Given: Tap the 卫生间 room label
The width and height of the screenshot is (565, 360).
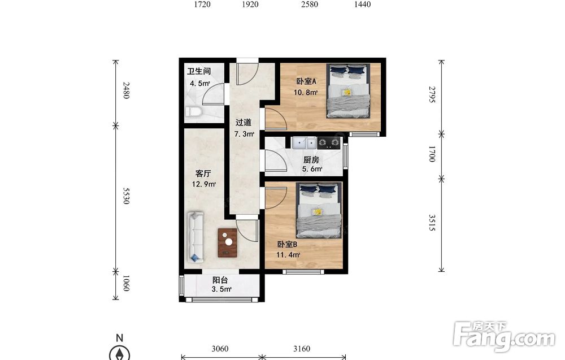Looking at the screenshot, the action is pos(199,71).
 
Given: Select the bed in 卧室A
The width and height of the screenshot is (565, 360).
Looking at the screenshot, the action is pos(349,91).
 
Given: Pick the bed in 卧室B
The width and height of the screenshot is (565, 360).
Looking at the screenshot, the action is pos(319,210).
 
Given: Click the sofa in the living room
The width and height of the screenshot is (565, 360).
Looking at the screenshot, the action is pos(195,237).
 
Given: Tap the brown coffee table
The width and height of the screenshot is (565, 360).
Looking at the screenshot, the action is pos(227,242).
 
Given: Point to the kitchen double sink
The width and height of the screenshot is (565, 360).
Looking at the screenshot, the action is pos(304,143).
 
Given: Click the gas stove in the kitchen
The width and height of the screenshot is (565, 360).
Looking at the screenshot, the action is pos(329,143).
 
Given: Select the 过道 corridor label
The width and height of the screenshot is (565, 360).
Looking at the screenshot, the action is pos(243,123).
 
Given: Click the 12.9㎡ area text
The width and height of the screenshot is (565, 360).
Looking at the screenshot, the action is pos(204,184).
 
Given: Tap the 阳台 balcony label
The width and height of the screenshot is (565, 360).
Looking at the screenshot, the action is pos(220,280).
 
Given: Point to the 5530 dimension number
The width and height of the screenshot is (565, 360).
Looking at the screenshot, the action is pos(126,196).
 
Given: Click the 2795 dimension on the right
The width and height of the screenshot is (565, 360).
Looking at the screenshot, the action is pos(432,94).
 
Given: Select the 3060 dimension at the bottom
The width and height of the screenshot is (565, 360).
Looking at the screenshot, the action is pos(220,349).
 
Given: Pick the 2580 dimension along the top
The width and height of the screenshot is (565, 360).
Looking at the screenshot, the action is pos(310,5).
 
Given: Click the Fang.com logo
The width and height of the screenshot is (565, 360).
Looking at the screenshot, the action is pos(504,337).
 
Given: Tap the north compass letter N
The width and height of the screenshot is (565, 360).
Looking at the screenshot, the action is pos(120,338).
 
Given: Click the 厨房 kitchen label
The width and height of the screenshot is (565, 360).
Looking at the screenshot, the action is pos(311,159).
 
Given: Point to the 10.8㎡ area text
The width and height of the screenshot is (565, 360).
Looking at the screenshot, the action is pos(306,92).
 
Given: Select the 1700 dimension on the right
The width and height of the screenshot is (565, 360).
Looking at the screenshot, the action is pos(432,154).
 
